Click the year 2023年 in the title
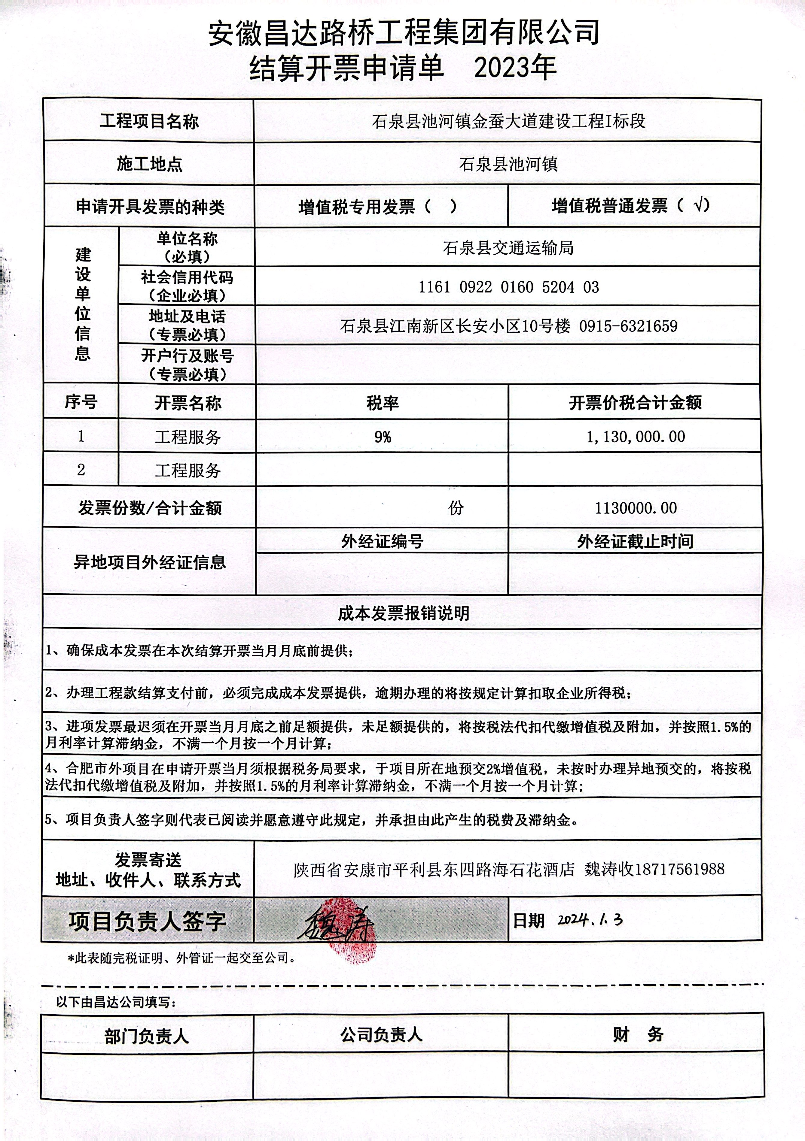[x=515, y=68]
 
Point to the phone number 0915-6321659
[x=628, y=326]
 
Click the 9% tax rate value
[x=382, y=437]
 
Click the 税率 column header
[x=382, y=403]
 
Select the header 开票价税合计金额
[x=635, y=403]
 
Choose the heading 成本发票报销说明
[x=403, y=613]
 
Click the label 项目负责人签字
[x=147, y=921]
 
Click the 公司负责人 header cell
[x=381, y=1035]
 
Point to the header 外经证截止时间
[x=635, y=541]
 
